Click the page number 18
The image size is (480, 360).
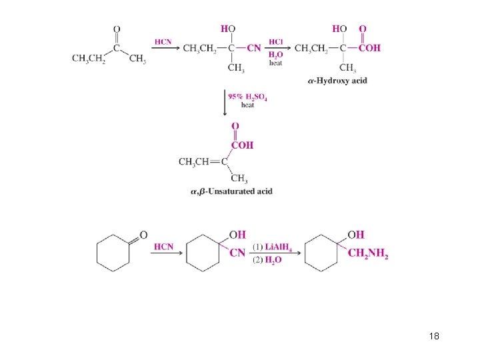coord(434,336)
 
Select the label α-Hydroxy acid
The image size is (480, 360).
coord(337,81)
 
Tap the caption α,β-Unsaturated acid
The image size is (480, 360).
coord(231,192)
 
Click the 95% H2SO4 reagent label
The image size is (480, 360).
coord(247,97)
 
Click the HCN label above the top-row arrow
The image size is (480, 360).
coord(163,41)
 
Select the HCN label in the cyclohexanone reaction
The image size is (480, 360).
coord(163,247)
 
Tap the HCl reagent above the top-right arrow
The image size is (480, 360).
coord(276,41)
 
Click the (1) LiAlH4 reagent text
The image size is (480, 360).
coord(269,247)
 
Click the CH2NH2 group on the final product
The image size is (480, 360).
coord(367,254)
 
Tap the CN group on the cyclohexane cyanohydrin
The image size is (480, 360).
coord(237,253)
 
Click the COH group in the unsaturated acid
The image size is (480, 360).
coord(242,145)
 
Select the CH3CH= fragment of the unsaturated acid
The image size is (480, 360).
coord(195,161)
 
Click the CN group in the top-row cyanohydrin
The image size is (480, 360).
coord(253,48)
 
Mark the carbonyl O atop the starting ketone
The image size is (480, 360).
coord(117,29)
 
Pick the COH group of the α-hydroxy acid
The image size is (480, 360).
coord(369,48)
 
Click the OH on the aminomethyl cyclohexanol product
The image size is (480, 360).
coord(356,235)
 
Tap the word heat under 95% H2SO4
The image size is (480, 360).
coord(247,105)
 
